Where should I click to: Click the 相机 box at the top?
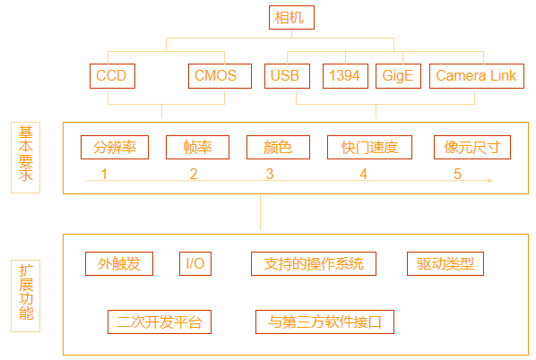(x=291, y=17)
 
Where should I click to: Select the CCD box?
(x=112, y=76)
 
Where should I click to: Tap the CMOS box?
(x=220, y=76)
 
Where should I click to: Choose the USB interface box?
(x=287, y=76)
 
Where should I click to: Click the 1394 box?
(x=346, y=76)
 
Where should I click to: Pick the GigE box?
(x=398, y=76)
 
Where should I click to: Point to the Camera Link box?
(x=477, y=76)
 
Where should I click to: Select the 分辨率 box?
(x=115, y=147)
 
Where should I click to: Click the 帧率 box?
(x=197, y=147)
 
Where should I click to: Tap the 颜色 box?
(x=278, y=147)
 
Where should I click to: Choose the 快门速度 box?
(x=369, y=147)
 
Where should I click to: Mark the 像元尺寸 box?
(x=472, y=147)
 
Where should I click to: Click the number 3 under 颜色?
(x=270, y=175)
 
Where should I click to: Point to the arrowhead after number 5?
(x=490, y=180)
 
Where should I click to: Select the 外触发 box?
(x=119, y=263)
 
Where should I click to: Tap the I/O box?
(x=195, y=263)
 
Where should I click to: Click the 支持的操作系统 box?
(x=314, y=263)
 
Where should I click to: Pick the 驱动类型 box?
(x=445, y=263)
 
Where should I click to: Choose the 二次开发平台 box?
(x=160, y=321)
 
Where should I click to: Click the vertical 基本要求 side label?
(x=26, y=158)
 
